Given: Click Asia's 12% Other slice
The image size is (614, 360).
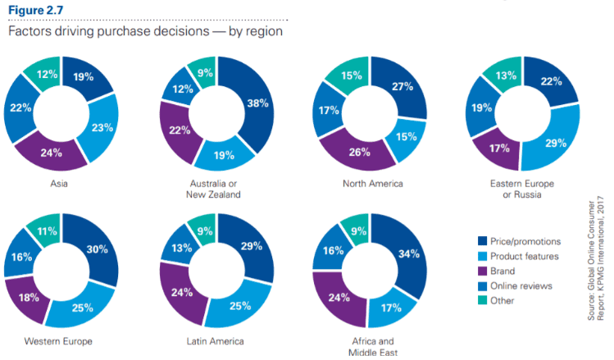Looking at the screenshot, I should pos(46,75).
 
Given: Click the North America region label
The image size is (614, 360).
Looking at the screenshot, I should pos(372,184).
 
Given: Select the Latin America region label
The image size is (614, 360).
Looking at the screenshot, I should pos(217,340).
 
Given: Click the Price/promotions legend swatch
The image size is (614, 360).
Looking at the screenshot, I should pos(483,241).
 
